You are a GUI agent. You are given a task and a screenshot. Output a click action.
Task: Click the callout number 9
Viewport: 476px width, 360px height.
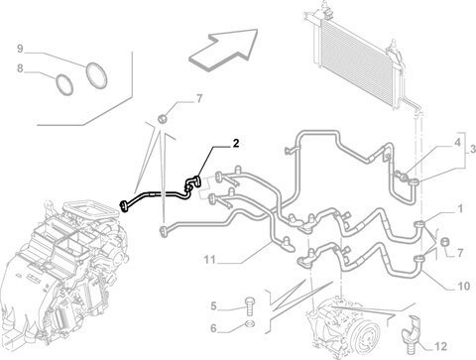[x=20, y=49]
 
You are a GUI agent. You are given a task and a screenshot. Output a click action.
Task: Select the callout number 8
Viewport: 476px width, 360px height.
[x=20, y=68]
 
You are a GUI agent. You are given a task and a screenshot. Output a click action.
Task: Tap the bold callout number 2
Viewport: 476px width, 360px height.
[x=235, y=143]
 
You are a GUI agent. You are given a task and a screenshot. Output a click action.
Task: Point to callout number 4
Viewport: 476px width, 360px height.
[x=457, y=143]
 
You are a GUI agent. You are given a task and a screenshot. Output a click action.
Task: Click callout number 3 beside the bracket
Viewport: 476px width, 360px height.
[x=473, y=149]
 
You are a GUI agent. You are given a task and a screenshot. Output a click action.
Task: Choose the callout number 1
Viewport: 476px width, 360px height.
[x=460, y=209]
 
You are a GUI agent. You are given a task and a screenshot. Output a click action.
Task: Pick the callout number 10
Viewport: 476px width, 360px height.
[x=463, y=286]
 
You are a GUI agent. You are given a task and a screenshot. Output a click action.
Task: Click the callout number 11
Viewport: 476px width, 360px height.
[x=209, y=260]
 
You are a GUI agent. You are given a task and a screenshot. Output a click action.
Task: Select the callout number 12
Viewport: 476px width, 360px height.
[x=440, y=346]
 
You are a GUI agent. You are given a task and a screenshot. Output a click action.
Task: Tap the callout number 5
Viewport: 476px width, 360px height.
[x=213, y=306]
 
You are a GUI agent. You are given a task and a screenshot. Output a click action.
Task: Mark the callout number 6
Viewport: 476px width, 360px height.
[x=213, y=328]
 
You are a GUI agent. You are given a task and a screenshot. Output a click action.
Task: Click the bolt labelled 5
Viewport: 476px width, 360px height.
[x=249, y=307]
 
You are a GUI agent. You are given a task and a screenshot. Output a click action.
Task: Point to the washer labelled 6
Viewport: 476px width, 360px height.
[x=250, y=322]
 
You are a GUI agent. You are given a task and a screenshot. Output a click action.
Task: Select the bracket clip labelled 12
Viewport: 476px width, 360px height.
[x=412, y=331]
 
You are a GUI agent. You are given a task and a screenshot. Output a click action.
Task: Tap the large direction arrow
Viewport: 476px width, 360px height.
[x=223, y=49]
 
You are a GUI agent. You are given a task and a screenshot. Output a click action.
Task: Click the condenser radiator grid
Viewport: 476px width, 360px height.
[x=355, y=63]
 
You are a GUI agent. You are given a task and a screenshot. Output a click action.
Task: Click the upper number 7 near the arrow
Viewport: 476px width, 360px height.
[x=199, y=98]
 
